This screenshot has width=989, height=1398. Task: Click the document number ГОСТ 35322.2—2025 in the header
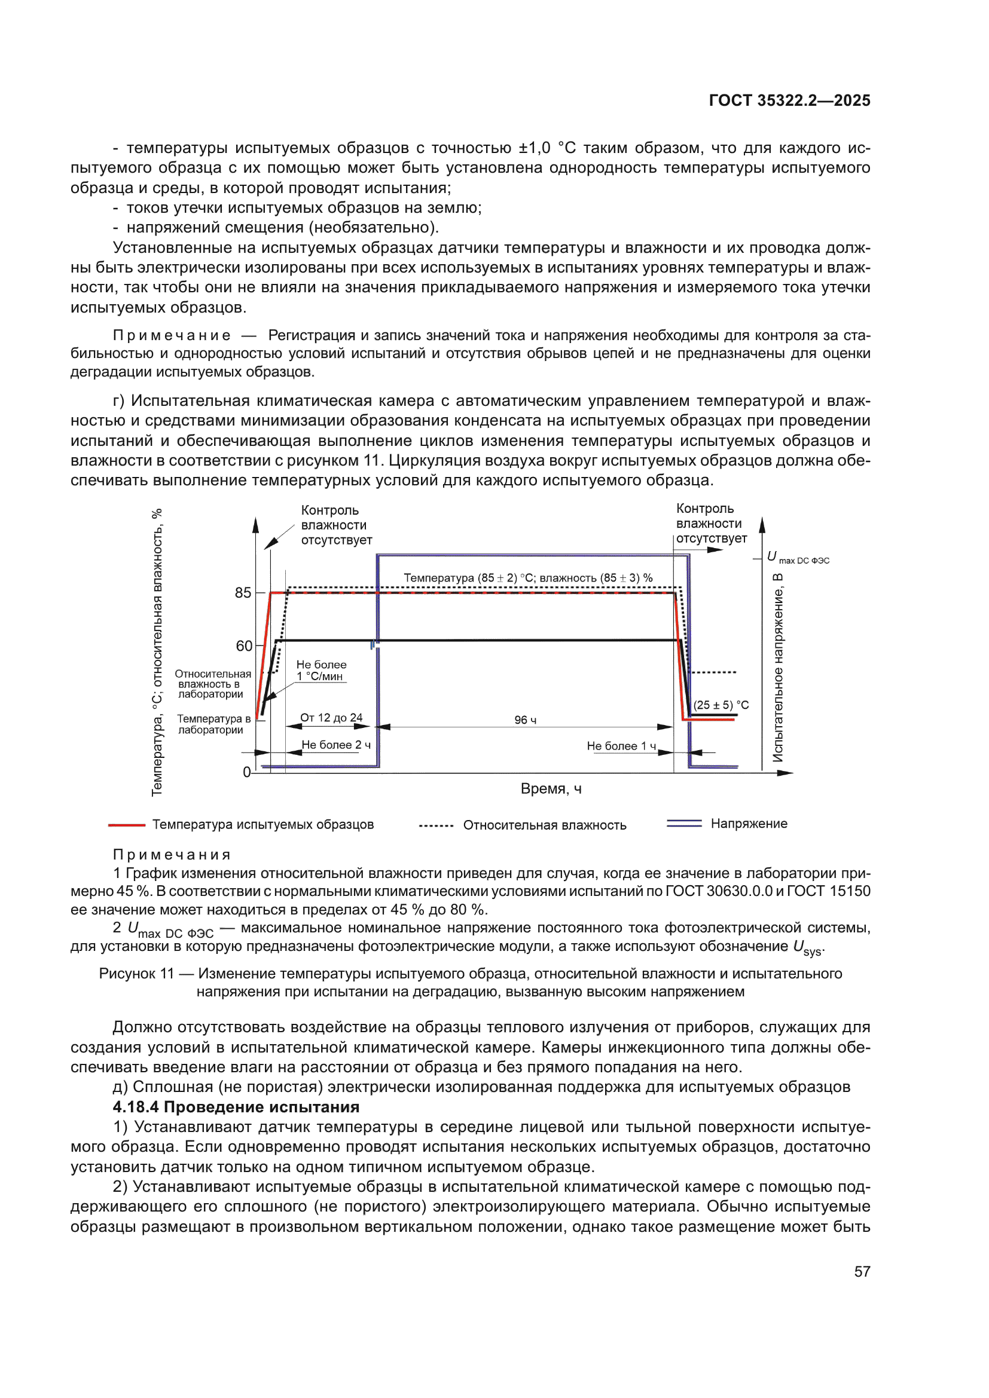click(789, 100)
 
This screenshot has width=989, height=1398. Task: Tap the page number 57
click(862, 1271)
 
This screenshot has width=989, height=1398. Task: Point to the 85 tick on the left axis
click(243, 592)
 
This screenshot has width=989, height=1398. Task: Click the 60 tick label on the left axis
click(243, 646)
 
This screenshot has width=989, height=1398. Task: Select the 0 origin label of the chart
click(246, 772)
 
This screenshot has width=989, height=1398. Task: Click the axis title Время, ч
click(551, 788)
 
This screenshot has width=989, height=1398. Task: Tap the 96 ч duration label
click(525, 720)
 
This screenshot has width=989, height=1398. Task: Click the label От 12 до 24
click(331, 717)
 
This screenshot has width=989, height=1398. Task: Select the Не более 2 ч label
click(336, 745)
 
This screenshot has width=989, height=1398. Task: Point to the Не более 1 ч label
click(621, 746)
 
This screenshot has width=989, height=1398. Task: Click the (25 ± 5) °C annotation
click(721, 705)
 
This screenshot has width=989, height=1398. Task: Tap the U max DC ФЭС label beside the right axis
click(798, 557)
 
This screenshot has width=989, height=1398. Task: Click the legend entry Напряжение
click(749, 823)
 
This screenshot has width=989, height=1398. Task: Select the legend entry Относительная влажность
click(545, 825)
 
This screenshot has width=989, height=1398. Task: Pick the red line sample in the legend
click(127, 825)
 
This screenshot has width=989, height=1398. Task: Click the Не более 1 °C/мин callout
click(321, 671)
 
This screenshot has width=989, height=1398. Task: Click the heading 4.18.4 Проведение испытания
click(236, 1107)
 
